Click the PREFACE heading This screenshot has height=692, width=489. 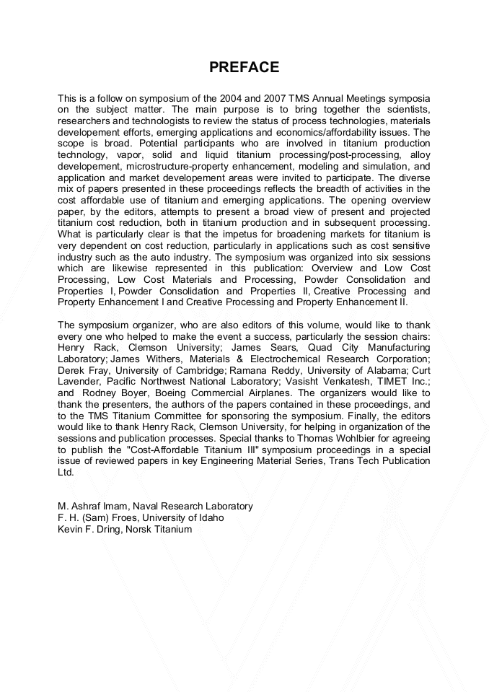tap(244, 68)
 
